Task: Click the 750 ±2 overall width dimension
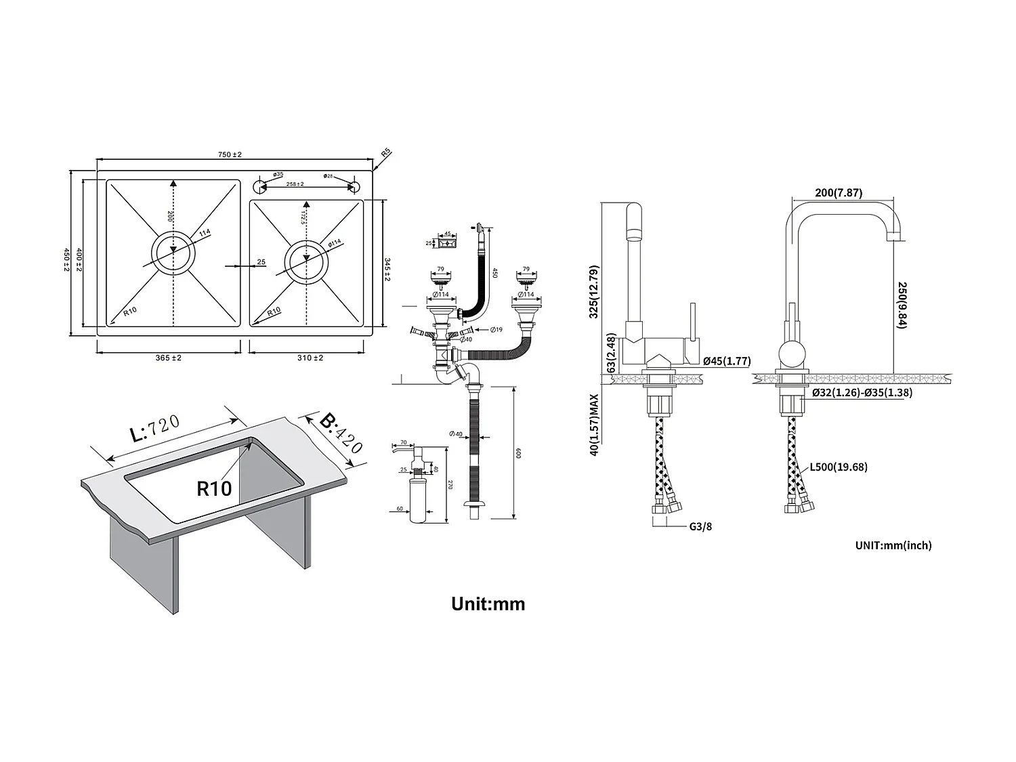point(230,154)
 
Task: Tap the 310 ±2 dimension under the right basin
point(310,358)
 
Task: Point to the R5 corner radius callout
point(385,153)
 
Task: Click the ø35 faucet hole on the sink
point(259,185)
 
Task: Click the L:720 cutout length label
point(155,429)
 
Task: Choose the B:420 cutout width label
point(341,433)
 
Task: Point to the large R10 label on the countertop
point(214,488)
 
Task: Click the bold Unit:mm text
point(488,604)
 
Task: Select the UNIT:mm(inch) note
point(893,545)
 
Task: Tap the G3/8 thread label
point(699,526)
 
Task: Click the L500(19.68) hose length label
point(838,467)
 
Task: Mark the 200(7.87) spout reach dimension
point(838,192)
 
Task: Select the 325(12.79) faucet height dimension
point(593,291)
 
